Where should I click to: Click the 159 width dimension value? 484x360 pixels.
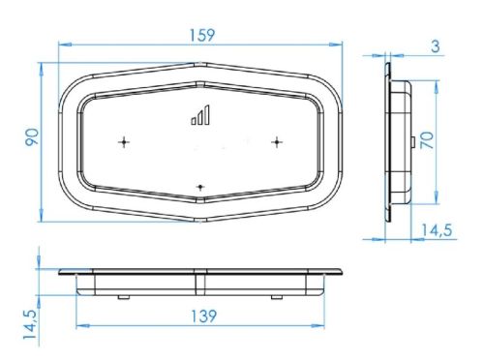click(201, 35)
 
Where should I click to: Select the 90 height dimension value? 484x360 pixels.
click(32, 137)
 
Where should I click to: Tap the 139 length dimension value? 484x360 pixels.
click(204, 316)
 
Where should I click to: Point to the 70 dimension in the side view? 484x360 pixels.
click(427, 140)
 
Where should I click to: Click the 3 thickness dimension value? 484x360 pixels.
click(436, 46)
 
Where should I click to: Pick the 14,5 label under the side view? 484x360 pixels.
click(437, 230)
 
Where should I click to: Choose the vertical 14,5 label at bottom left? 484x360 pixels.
click(30, 324)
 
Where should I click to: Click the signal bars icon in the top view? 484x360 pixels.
click(200, 115)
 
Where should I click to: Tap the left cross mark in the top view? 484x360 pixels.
click(124, 142)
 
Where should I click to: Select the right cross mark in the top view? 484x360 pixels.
click(277, 142)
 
